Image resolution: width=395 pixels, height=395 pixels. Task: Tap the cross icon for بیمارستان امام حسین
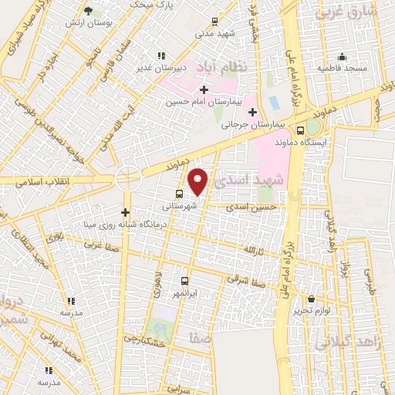203,90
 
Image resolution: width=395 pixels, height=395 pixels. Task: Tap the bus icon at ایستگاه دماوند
300,130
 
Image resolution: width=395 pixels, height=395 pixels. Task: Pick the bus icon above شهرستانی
180,194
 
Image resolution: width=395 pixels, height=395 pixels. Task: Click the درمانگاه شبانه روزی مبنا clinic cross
125,212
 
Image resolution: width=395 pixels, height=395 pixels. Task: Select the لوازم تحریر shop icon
311,299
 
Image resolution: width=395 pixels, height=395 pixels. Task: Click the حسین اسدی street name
257,207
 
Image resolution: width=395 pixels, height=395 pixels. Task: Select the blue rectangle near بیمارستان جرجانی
274,103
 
